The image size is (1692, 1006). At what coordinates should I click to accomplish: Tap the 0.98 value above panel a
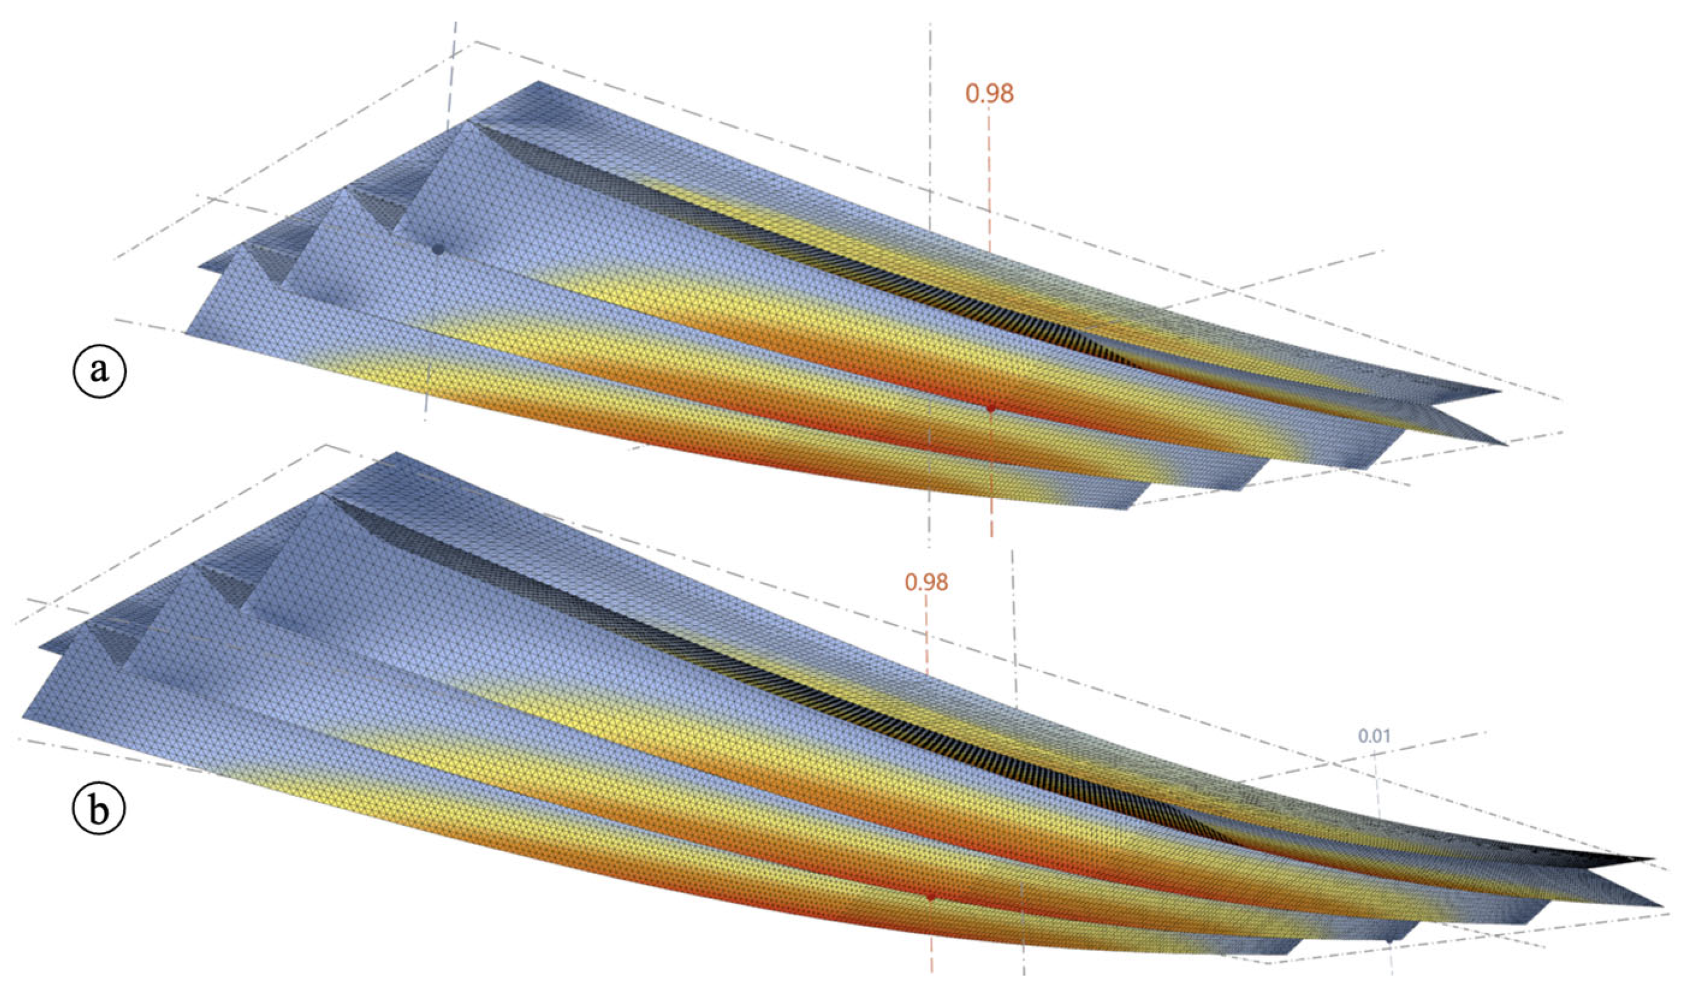click(989, 94)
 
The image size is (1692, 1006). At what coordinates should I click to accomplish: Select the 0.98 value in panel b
click(926, 582)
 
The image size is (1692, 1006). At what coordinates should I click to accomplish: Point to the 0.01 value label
click(1374, 736)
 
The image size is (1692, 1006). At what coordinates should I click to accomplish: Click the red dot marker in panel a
click(991, 408)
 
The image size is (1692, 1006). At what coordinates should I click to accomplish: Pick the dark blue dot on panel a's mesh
click(438, 249)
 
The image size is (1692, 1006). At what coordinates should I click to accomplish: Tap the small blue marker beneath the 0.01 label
click(1389, 940)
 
